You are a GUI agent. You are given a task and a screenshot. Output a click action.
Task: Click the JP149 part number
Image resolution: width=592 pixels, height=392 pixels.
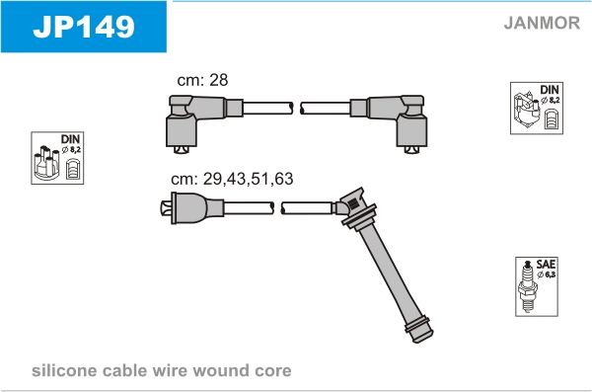[84, 27]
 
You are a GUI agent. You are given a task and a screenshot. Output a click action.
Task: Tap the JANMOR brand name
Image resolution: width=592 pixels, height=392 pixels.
[542, 23]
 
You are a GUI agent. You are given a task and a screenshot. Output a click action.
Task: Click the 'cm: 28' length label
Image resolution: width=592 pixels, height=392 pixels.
[202, 80]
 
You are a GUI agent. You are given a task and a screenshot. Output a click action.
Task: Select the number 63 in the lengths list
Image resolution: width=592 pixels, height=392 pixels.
[283, 179]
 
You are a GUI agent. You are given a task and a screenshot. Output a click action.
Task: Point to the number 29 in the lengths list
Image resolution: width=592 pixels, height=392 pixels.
[212, 179]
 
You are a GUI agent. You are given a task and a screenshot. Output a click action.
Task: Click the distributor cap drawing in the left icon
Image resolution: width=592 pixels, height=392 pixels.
[46, 163]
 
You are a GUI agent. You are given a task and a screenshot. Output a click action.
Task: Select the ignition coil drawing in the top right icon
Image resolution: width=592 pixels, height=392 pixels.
[526, 109]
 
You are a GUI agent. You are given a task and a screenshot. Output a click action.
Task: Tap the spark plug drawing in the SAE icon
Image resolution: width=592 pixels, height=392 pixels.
[528, 286]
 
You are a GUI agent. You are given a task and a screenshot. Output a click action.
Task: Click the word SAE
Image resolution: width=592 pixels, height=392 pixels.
[546, 265]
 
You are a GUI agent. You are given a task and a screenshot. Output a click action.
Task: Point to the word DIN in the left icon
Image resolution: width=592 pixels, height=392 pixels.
[71, 139]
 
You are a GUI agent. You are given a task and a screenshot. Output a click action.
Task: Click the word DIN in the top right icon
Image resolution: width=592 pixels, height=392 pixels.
[550, 90]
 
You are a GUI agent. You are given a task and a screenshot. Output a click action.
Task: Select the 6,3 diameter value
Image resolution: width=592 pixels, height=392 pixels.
[551, 274]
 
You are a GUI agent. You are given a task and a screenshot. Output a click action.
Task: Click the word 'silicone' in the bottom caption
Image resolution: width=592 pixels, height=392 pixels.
[64, 370]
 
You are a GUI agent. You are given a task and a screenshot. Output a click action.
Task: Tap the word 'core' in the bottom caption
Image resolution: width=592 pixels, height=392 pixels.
[273, 371]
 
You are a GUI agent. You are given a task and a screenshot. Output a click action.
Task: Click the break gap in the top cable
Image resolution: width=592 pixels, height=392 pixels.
[297, 109]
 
